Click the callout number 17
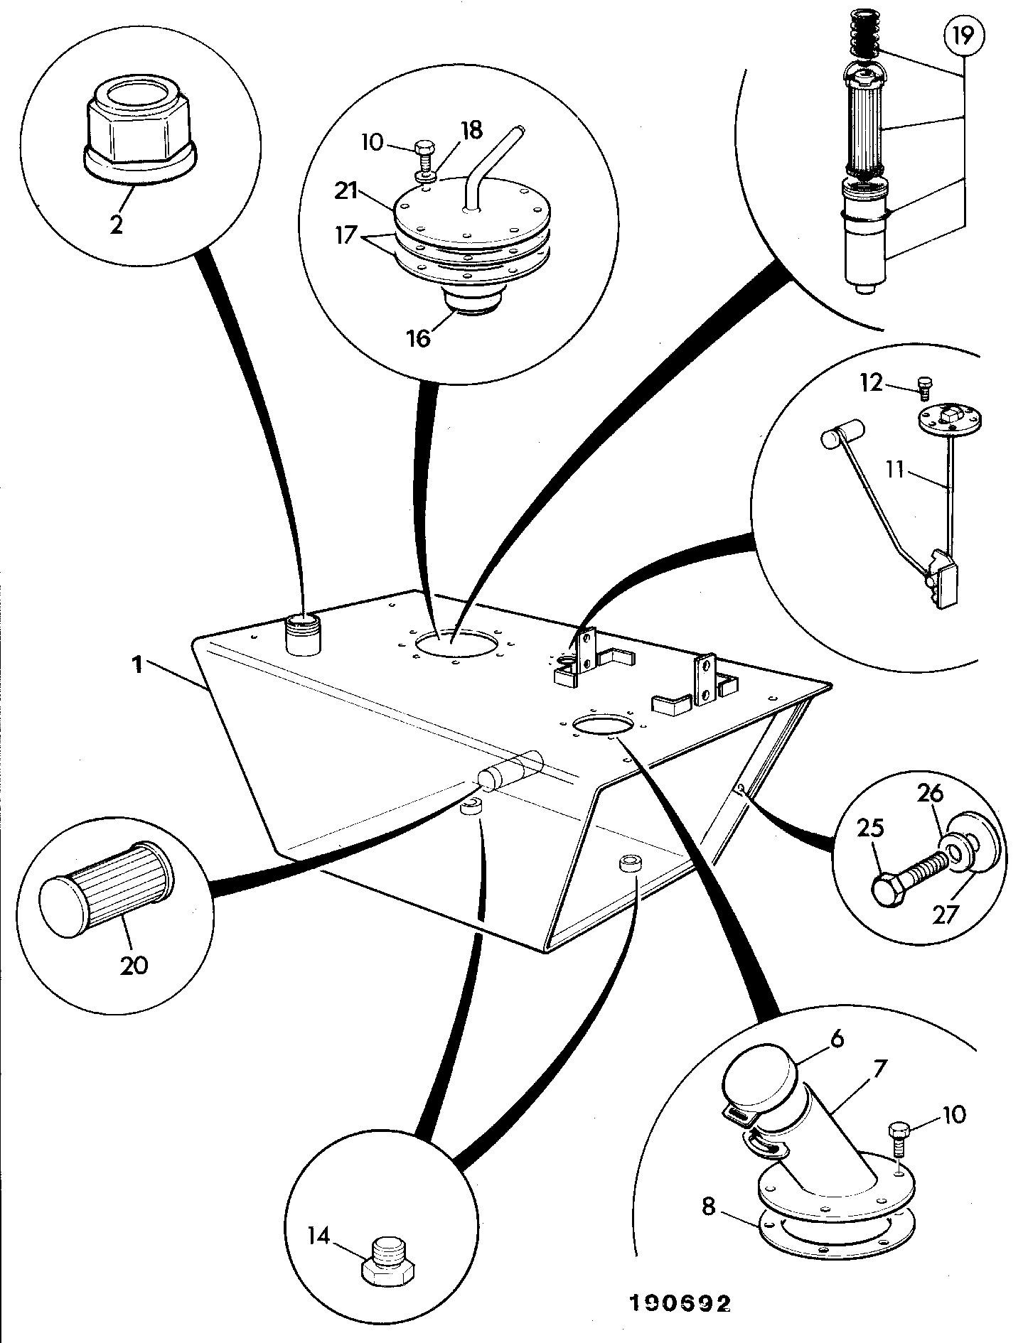(347, 234)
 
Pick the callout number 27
(946, 914)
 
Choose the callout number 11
(896, 470)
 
